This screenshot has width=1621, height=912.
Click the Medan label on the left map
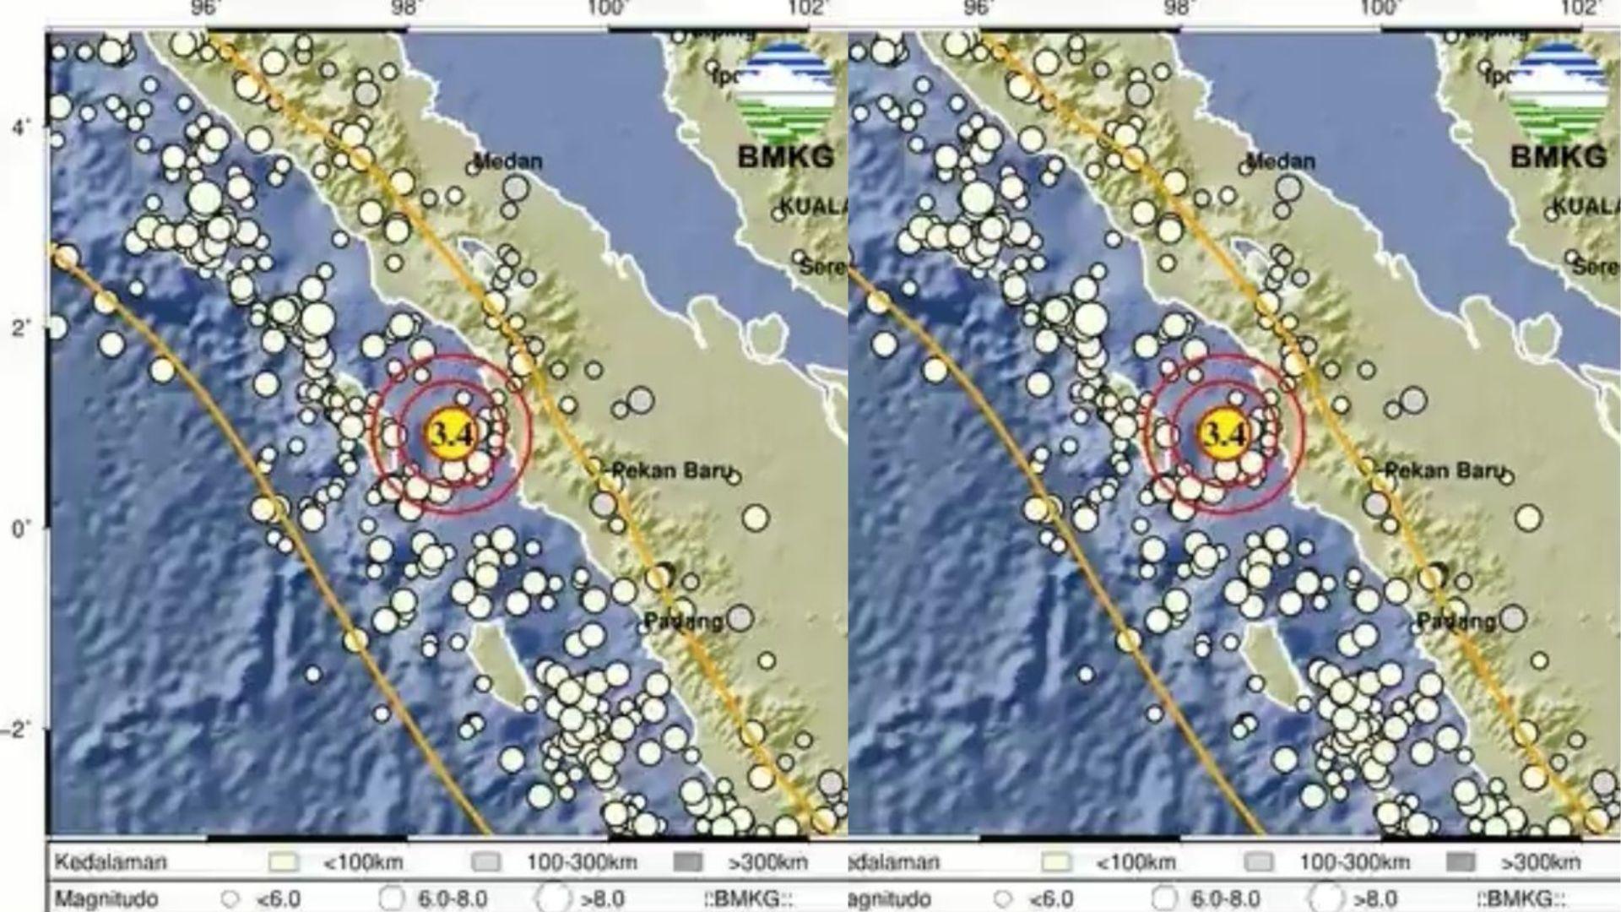coord(508,160)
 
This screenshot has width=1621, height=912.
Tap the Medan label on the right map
coord(1281,160)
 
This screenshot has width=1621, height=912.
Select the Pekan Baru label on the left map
coord(671,470)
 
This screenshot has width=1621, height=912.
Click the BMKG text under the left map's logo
coord(785,156)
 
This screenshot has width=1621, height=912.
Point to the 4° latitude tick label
coord(21,128)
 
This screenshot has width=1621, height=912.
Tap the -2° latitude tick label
coord(19,730)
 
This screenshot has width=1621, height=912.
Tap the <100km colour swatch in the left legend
coord(284,862)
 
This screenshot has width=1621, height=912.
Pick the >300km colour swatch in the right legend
coord(1461,862)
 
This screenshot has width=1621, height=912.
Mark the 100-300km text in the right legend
coord(1354,862)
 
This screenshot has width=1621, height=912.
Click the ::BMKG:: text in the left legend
coord(748,898)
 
